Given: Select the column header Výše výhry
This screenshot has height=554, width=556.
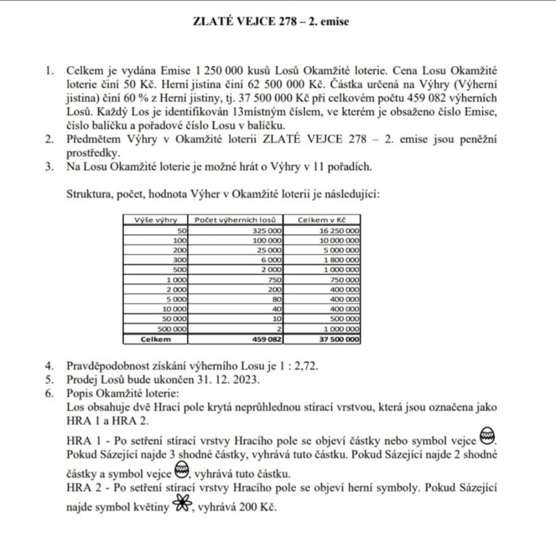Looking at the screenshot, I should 155,220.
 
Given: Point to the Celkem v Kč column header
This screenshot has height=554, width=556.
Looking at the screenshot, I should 322,220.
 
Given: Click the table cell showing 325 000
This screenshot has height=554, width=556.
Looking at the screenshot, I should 266,230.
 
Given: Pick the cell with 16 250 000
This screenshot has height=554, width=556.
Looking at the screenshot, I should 339,230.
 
